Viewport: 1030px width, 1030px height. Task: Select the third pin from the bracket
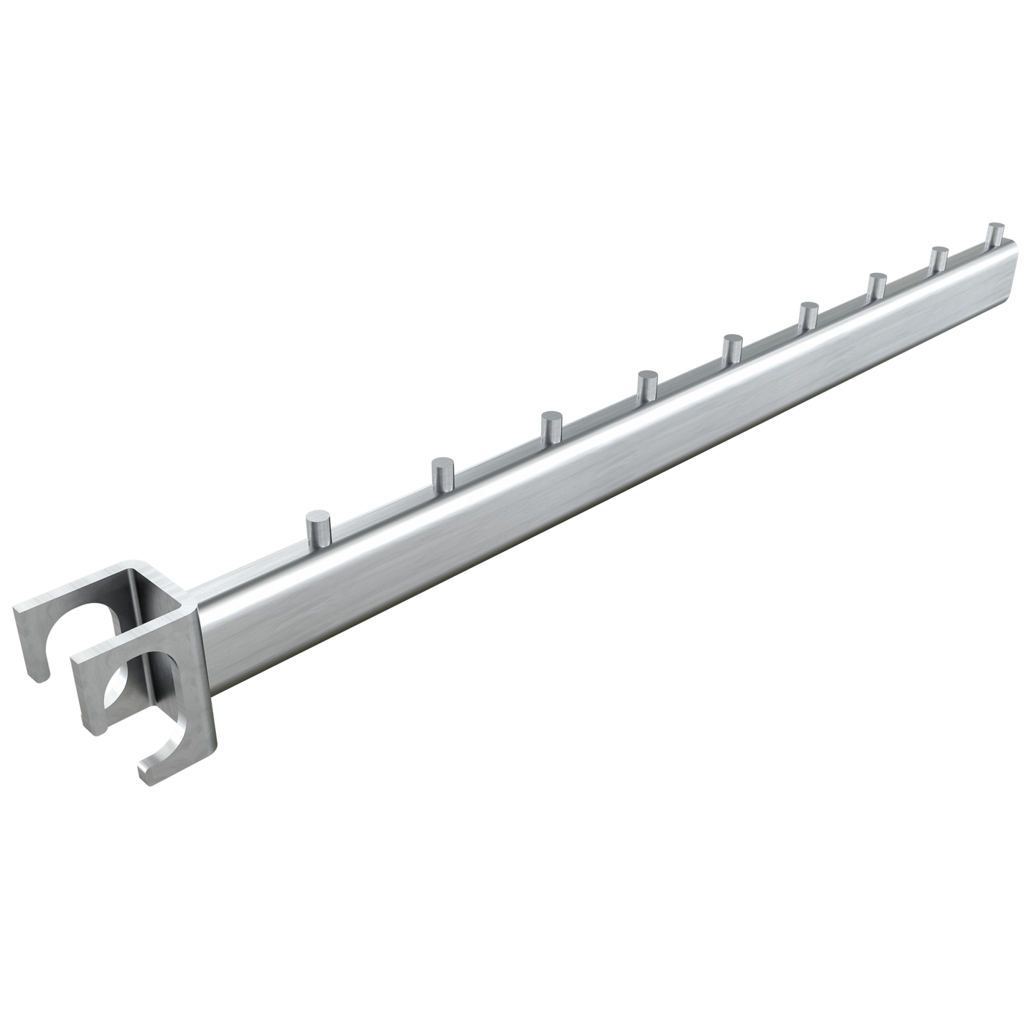[x=550, y=428]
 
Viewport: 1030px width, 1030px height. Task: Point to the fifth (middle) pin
[x=731, y=349]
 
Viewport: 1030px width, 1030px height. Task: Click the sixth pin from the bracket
[x=808, y=316]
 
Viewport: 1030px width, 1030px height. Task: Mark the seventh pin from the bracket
[x=876, y=286]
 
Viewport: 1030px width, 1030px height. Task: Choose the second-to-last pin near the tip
[x=939, y=259]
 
